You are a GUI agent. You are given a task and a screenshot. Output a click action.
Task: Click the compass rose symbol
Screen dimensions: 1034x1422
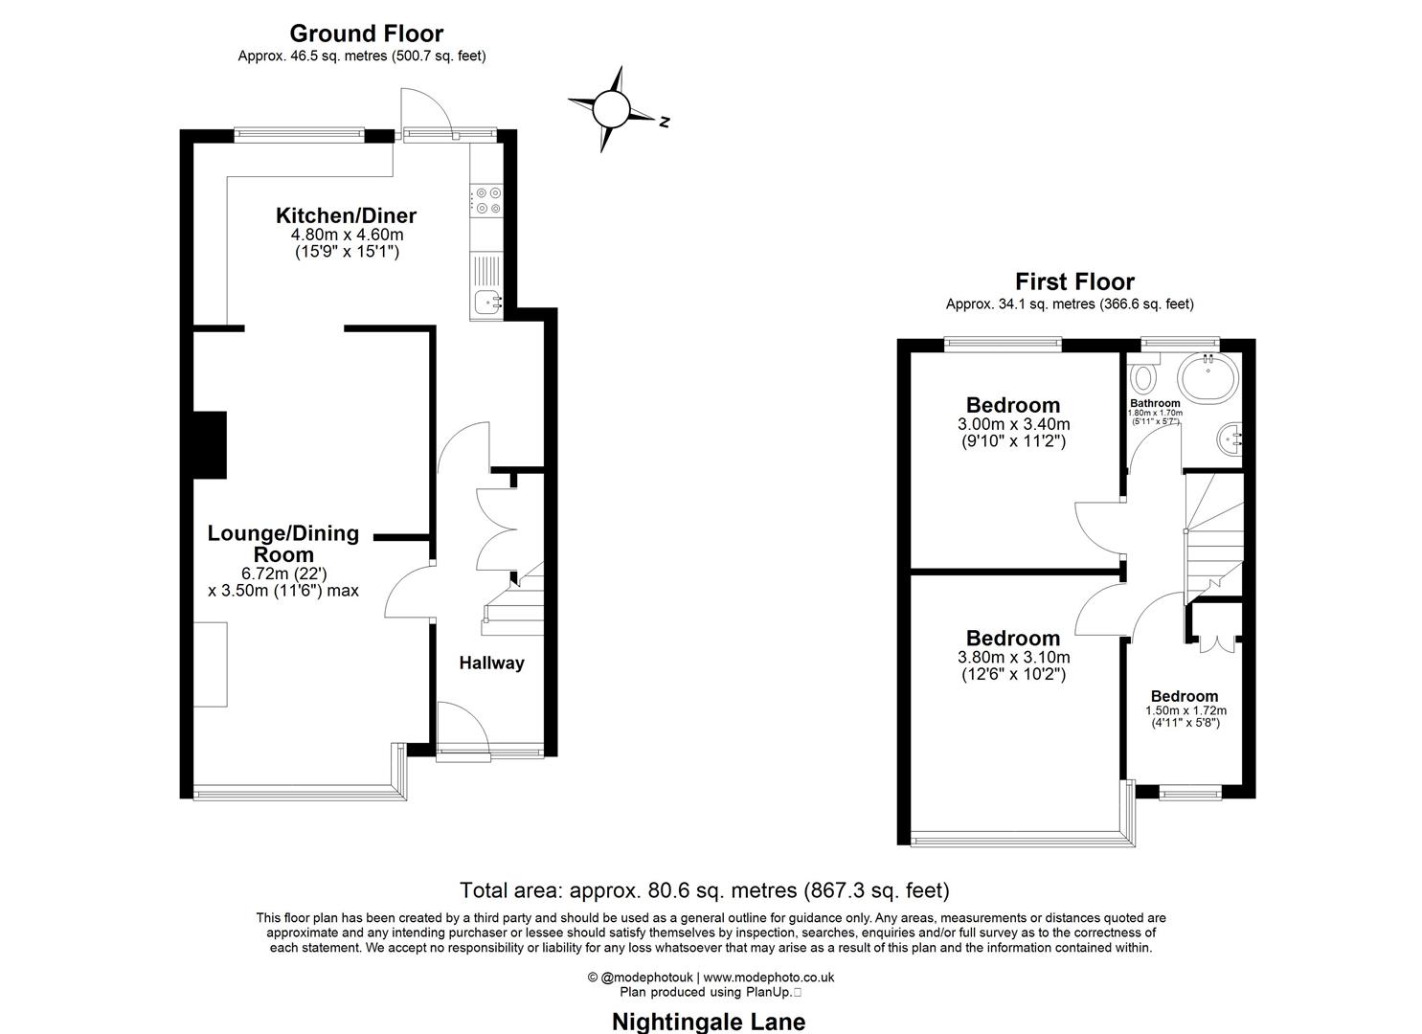coord(610,109)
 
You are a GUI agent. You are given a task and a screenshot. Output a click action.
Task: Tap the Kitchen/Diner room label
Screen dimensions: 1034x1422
coord(346,215)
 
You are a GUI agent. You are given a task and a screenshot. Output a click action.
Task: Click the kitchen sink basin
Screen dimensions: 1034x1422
coord(486,303)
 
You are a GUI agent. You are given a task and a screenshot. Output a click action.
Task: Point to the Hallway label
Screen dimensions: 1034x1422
coord(491,663)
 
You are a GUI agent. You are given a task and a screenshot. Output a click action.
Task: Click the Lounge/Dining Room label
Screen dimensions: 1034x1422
coord(283,544)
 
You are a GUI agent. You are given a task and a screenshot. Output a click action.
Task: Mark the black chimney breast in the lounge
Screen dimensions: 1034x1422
coord(210,444)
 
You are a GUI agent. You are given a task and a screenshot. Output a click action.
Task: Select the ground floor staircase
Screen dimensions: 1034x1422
coord(512,603)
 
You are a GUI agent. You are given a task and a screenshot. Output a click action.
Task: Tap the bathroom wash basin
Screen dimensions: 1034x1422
coord(1230,439)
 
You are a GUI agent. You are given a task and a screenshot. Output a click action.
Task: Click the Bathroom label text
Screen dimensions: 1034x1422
coord(1155,403)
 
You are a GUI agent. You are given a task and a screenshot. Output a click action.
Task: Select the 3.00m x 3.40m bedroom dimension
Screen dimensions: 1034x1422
coord(1013,424)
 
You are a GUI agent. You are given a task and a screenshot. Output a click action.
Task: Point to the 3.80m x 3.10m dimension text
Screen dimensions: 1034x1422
coord(1013,658)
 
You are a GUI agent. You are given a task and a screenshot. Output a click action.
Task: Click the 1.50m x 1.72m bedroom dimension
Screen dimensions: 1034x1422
coord(1185,710)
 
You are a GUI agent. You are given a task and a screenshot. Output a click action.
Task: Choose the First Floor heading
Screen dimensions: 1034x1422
coord(1074,281)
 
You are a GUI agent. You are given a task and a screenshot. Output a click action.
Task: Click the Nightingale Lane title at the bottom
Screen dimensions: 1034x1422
coord(709,1022)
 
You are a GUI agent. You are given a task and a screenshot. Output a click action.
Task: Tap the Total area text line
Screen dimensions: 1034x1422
coord(705,890)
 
